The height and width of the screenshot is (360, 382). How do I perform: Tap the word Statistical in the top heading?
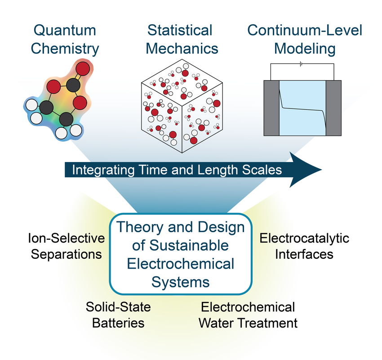point(180,31)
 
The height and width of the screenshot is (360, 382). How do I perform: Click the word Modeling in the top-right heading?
point(305,49)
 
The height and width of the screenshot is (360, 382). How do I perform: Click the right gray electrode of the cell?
point(333,108)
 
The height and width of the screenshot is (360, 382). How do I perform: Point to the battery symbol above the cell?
point(302,64)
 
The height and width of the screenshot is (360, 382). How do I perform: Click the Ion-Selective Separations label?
point(66,246)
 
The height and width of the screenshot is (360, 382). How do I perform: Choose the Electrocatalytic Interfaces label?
point(304,246)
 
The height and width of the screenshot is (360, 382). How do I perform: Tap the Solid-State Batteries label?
point(118,315)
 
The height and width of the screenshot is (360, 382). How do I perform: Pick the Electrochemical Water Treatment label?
point(248,315)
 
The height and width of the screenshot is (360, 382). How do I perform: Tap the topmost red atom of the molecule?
point(83,70)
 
